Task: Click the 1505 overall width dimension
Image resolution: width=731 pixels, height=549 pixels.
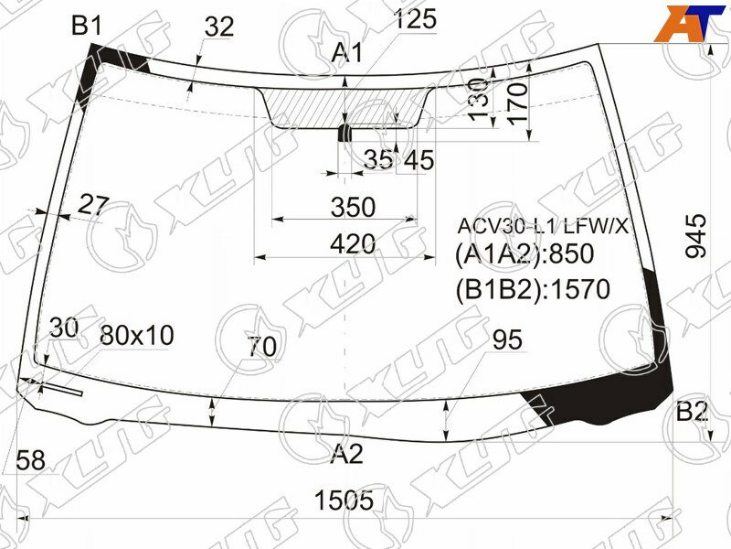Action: [x=344, y=501]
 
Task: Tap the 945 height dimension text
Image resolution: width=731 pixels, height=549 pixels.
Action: [x=695, y=235]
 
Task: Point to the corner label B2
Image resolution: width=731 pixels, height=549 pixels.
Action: [x=692, y=412]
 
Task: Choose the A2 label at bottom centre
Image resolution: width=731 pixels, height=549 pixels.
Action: [x=347, y=453]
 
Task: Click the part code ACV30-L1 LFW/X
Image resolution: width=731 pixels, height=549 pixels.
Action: [x=543, y=226]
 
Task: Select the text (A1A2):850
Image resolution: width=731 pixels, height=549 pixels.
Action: [x=524, y=254]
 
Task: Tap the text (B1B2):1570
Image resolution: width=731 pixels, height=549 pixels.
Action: [x=532, y=290]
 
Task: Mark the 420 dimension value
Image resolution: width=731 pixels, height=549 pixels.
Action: [x=353, y=243]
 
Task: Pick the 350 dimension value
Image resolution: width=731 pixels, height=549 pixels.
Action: [x=353, y=208]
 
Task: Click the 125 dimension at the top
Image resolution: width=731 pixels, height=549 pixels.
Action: [x=415, y=18]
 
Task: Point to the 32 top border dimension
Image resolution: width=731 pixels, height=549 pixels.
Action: [x=219, y=27]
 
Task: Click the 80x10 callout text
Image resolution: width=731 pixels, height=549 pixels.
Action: [x=136, y=336]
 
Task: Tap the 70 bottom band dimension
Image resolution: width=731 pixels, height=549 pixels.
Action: [x=262, y=347]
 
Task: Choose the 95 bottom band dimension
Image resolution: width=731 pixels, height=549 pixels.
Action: [x=506, y=340]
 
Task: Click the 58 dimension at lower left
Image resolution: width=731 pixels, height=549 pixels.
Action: [x=30, y=461]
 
